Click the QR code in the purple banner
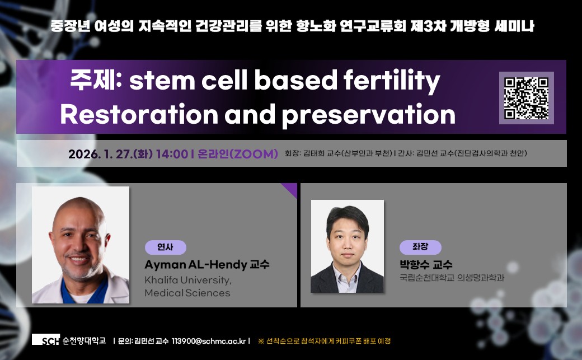(527, 98)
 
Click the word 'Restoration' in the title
(139, 114)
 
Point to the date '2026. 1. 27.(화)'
(110, 154)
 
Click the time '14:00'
(172, 154)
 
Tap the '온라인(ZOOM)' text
(237, 154)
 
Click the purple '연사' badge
(166, 247)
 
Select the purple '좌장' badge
(420, 247)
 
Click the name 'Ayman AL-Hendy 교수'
(206, 264)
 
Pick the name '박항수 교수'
(426, 264)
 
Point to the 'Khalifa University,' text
(188, 280)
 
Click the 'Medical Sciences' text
(187, 293)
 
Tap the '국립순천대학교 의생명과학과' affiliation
(452, 278)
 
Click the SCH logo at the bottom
(46, 340)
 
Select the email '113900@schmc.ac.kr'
(209, 341)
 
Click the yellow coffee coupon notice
(325, 340)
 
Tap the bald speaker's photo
(81, 245)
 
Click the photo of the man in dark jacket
(348, 246)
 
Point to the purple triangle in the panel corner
(292, 188)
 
